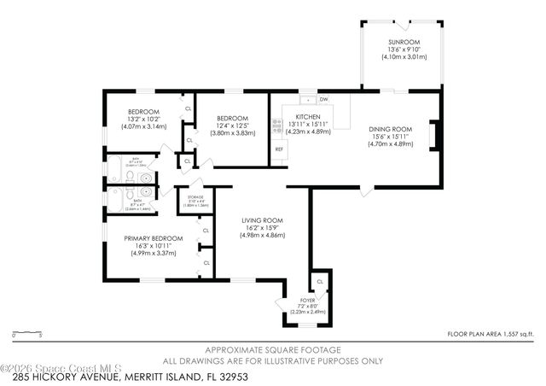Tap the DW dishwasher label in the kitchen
324,99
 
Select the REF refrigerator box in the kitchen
278,149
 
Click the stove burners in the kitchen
276,126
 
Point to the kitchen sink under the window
308,99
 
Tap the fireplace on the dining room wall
433,134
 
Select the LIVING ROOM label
262,220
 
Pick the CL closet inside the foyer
320,281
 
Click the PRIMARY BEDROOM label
154,238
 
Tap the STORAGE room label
196,197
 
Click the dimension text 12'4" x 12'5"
231,126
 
